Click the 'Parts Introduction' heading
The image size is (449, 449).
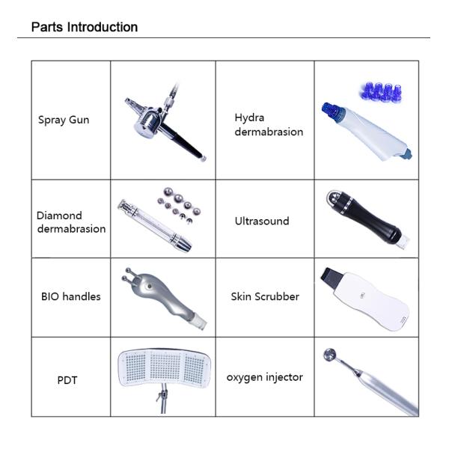pos(84,28)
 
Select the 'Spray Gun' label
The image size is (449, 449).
pos(64,120)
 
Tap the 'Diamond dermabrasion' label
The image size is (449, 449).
pos(71,222)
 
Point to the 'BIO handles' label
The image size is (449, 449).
pos(70,296)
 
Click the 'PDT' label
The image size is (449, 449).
pos(67,380)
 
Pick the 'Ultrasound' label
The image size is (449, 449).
pos(262,222)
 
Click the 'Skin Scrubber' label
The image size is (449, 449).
pos(265,296)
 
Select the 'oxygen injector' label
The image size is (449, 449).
pos(265,377)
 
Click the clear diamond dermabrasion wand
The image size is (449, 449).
pos(153,222)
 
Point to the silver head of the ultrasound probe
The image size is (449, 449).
pos(337,198)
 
